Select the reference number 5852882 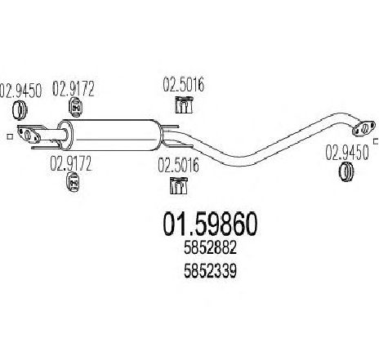pyautogui.click(x=210, y=248)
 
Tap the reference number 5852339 pyautogui.click(x=210, y=271)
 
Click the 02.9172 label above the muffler pyautogui.click(x=74, y=88)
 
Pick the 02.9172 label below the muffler pyautogui.click(x=71, y=163)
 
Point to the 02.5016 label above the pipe pyautogui.click(x=184, y=84)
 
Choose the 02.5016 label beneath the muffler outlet pyautogui.click(x=178, y=165)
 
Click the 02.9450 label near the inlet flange pyautogui.click(x=20, y=91)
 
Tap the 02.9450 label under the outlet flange pyautogui.click(x=347, y=152)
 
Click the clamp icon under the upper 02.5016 pyautogui.click(x=184, y=104)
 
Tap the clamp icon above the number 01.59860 pyautogui.click(x=178, y=186)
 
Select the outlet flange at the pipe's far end pyautogui.click(x=363, y=129)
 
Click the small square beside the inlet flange pyautogui.click(x=10, y=136)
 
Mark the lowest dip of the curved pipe pyautogui.click(x=239, y=162)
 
